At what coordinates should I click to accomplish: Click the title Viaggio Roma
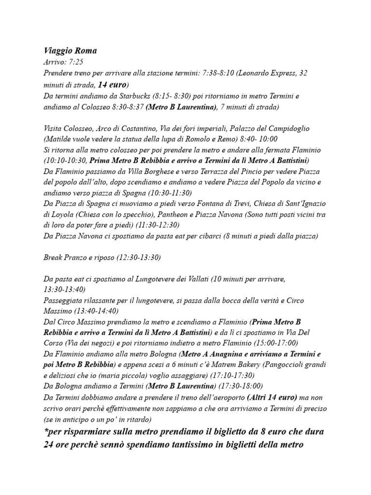click(70, 51)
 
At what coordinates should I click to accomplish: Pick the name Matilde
click(59, 139)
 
